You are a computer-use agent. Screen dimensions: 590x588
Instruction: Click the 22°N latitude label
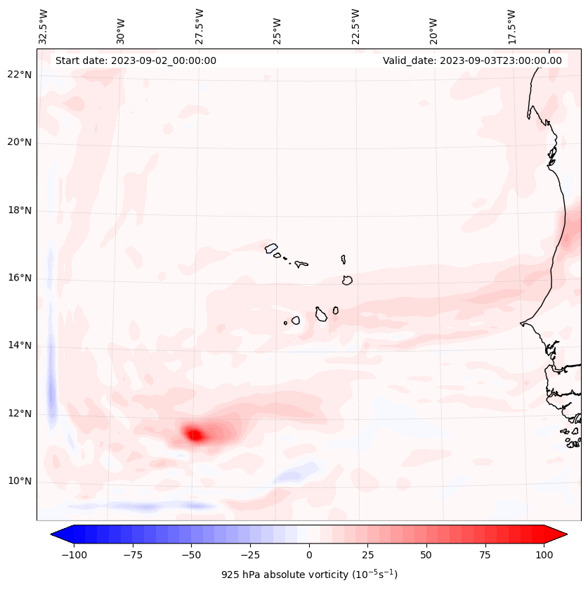click(20, 75)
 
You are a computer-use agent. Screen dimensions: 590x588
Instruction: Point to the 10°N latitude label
click(20, 482)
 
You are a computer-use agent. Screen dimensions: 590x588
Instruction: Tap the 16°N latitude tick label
click(20, 278)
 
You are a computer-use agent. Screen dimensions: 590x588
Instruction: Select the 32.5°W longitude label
click(44, 27)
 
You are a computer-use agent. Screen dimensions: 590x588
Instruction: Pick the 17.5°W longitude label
click(511, 27)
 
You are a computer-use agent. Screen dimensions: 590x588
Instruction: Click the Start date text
click(136, 60)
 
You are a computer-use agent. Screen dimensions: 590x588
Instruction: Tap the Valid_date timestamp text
click(472, 60)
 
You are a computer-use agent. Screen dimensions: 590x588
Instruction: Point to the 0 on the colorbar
click(308, 555)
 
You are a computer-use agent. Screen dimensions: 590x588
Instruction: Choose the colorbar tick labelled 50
click(426, 555)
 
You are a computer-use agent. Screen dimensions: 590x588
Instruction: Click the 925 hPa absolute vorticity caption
click(308, 575)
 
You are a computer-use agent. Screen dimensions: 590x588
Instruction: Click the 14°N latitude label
click(20, 346)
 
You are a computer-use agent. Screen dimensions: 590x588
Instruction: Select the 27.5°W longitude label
click(200, 27)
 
